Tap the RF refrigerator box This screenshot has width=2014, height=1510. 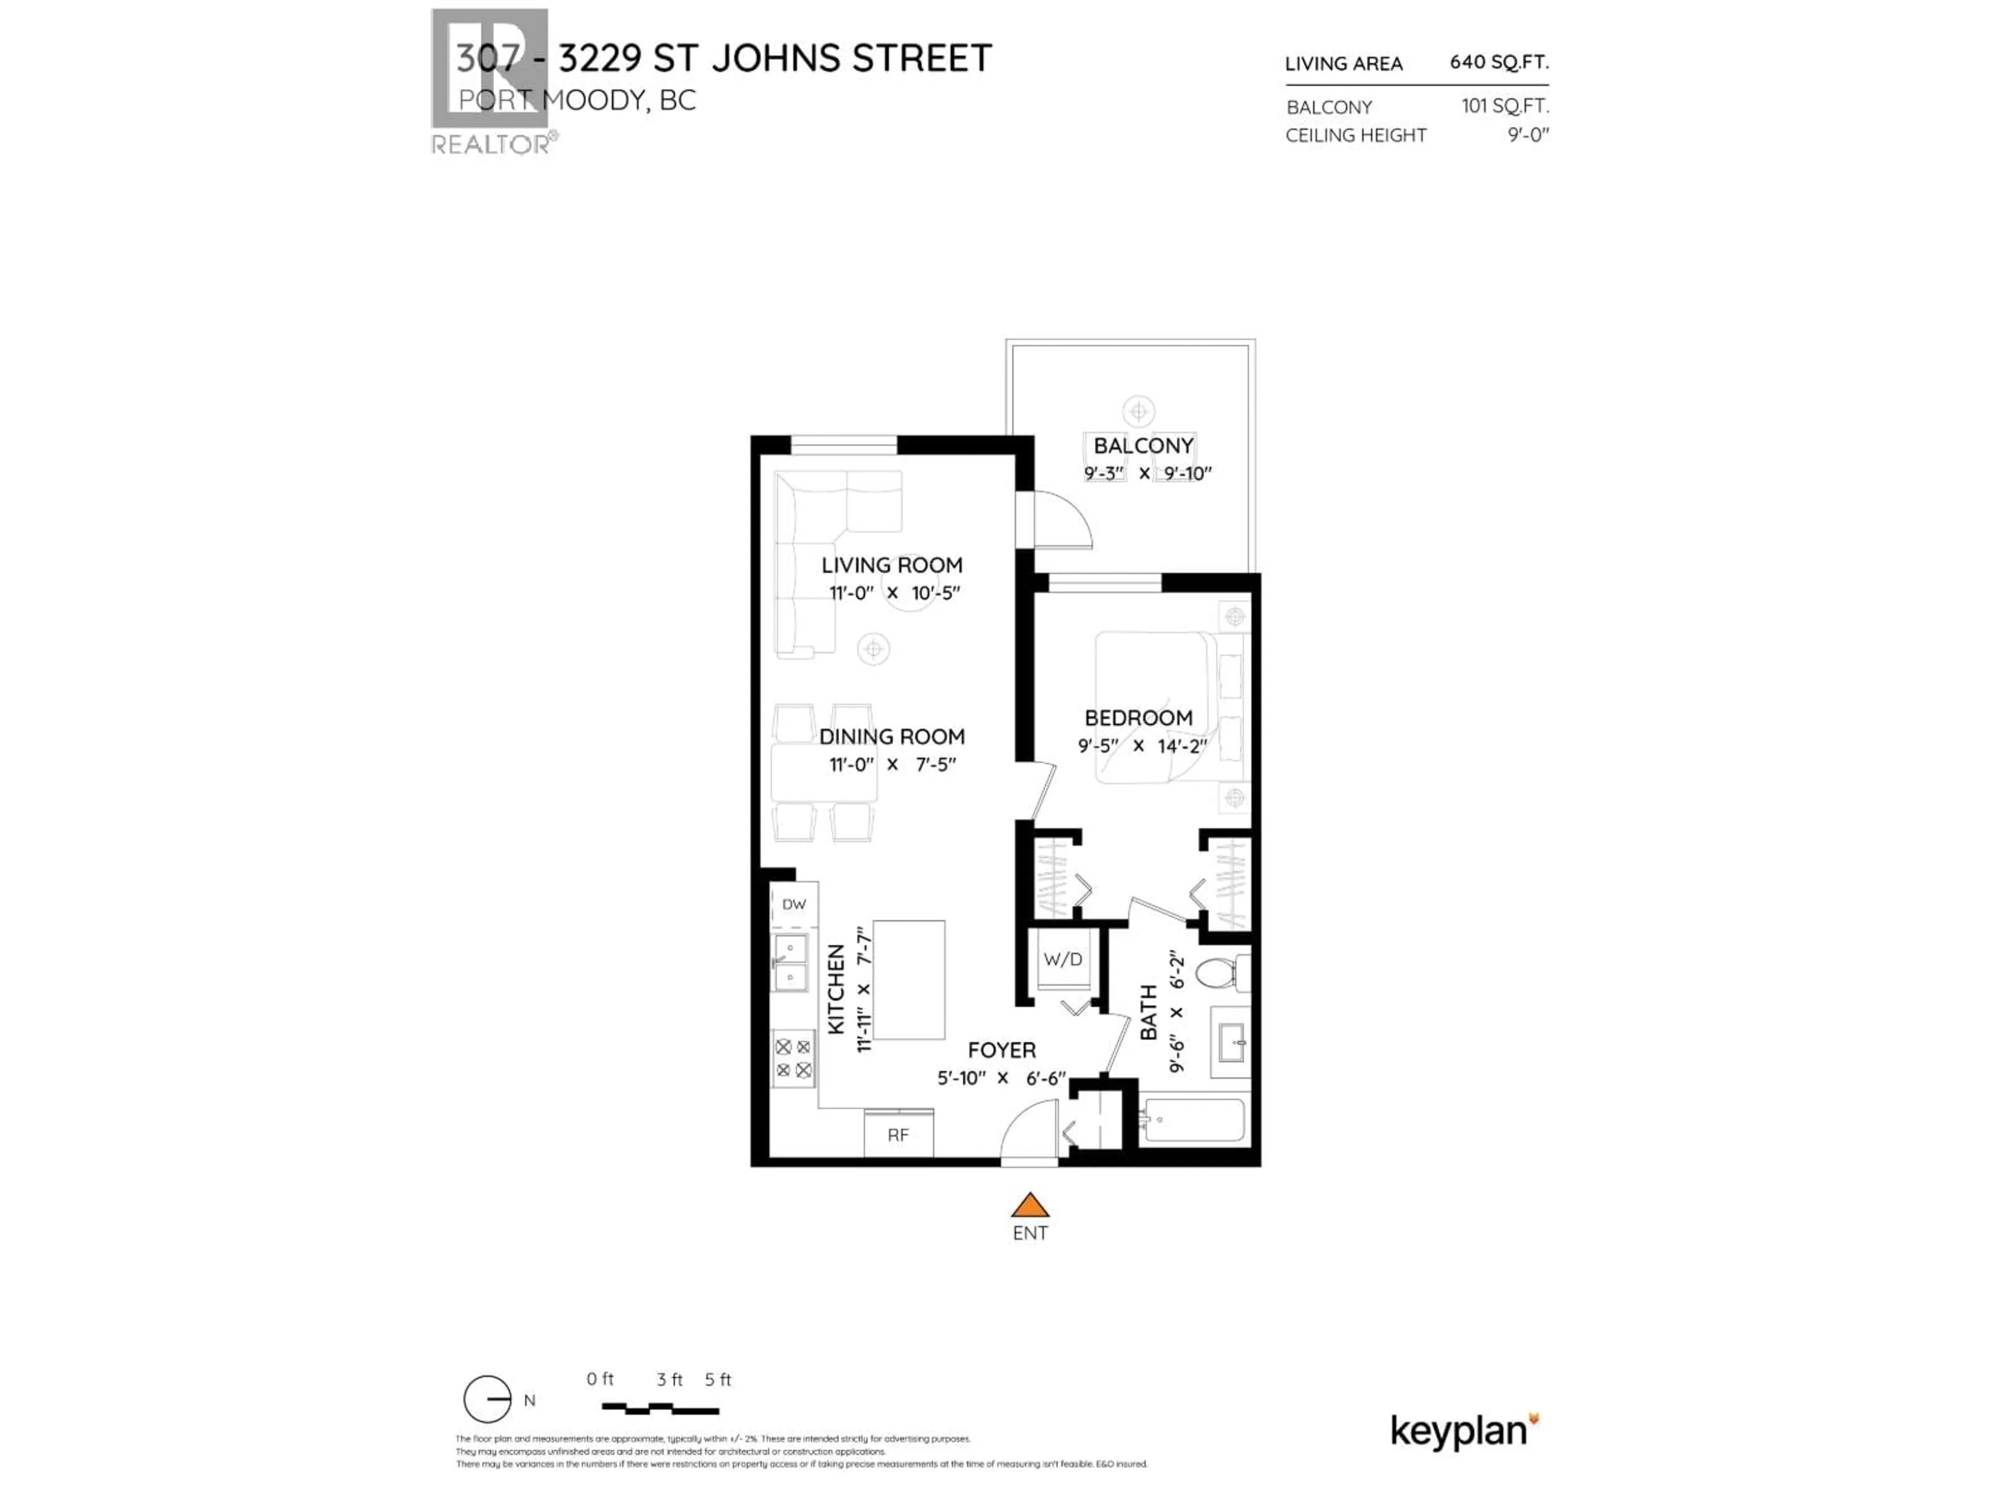[x=898, y=1134]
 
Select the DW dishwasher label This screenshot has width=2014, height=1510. [x=794, y=904]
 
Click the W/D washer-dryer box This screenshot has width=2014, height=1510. [x=1063, y=959]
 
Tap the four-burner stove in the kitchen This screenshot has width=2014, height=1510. [x=793, y=1059]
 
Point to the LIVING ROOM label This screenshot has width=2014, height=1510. [x=892, y=565]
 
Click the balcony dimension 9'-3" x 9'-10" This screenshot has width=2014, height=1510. [x=1147, y=473]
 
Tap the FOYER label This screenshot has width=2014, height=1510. [x=1002, y=1050]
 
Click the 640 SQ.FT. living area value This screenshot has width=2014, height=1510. [x=1498, y=62]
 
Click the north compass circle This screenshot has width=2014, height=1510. [x=487, y=1399]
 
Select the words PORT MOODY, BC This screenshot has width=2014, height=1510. [x=576, y=100]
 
